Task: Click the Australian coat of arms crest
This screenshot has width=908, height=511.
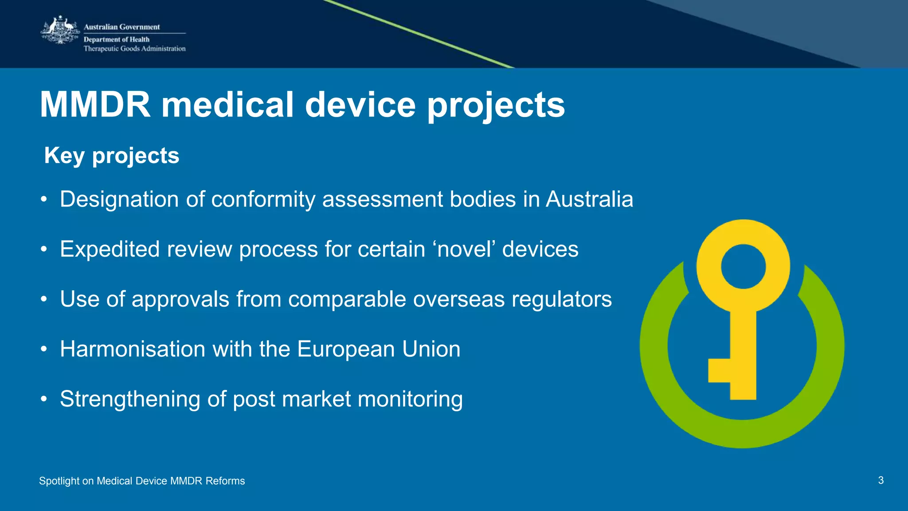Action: click(60, 30)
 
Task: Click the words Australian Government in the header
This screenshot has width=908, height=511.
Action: click(121, 27)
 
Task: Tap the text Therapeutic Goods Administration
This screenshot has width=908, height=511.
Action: click(134, 49)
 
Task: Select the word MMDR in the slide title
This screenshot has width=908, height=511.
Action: click(95, 105)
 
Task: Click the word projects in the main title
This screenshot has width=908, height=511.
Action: click(496, 106)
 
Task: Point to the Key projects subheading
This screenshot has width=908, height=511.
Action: click(112, 156)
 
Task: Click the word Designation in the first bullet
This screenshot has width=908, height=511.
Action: click(119, 199)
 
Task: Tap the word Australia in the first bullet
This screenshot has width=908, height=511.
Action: click(589, 199)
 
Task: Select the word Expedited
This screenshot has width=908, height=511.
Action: click(110, 249)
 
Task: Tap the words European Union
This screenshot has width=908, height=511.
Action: click(379, 349)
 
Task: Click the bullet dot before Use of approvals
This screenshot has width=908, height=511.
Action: click(43, 300)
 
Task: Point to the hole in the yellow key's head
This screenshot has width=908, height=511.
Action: click(743, 267)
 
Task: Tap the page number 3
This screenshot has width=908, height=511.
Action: click(881, 480)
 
